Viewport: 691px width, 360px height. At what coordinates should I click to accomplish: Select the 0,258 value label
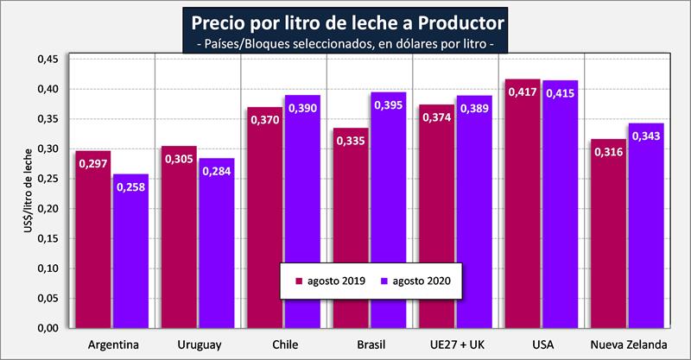(130, 186)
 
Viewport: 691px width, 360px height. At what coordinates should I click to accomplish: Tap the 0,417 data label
(524, 92)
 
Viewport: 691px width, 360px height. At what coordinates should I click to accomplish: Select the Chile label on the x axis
(284, 345)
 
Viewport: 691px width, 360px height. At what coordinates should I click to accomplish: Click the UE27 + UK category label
(456, 345)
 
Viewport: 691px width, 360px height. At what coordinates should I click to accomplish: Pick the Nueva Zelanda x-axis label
(629, 345)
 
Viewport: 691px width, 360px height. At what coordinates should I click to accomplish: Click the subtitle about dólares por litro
(345, 41)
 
